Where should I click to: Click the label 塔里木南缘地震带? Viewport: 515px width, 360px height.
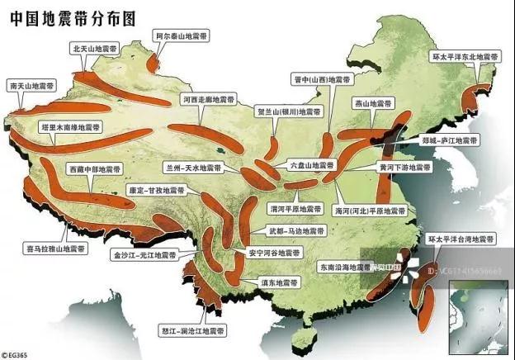click(x=69, y=129)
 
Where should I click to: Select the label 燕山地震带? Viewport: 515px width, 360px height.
click(x=376, y=104)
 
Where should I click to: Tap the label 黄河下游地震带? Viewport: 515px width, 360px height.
click(x=404, y=167)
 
